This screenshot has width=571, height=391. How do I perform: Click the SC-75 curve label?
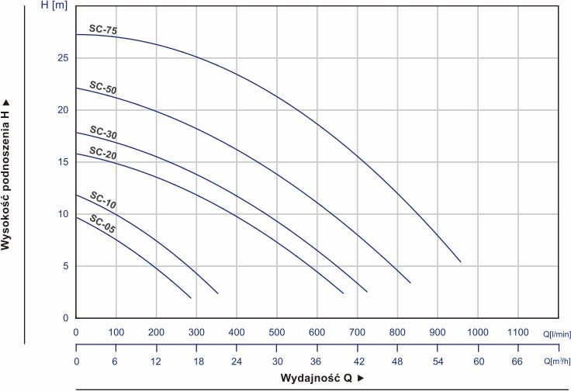tap(103, 29)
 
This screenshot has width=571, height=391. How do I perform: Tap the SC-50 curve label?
tap(103, 88)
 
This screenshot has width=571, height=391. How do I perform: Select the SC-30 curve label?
tap(103, 133)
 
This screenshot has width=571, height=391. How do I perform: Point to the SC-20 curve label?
tap(103, 153)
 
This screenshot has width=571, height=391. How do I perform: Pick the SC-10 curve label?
tap(103, 200)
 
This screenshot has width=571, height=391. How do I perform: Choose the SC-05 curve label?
tap(102, 223)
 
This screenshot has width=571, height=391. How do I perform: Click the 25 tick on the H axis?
tap(63, 58)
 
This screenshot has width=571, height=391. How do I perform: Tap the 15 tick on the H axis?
tap(63, 161)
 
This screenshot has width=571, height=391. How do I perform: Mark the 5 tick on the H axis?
tap(65, 266)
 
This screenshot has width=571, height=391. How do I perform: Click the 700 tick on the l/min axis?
tap(357, 332)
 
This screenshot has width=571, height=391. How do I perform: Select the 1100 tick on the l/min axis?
tap(517, 332)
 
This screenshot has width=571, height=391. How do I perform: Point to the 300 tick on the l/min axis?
tap(196, 332)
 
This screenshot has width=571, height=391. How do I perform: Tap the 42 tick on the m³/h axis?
tap(359, 362)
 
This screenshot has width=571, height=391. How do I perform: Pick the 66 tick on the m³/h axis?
tap(517, 362)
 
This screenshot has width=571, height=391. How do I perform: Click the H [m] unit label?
tap(54, 6)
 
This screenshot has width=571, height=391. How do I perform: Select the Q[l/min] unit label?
tap(557, 334)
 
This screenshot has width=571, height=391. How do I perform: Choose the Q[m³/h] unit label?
tap(557, 362)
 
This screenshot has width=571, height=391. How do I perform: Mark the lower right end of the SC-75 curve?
tap(461, 261)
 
